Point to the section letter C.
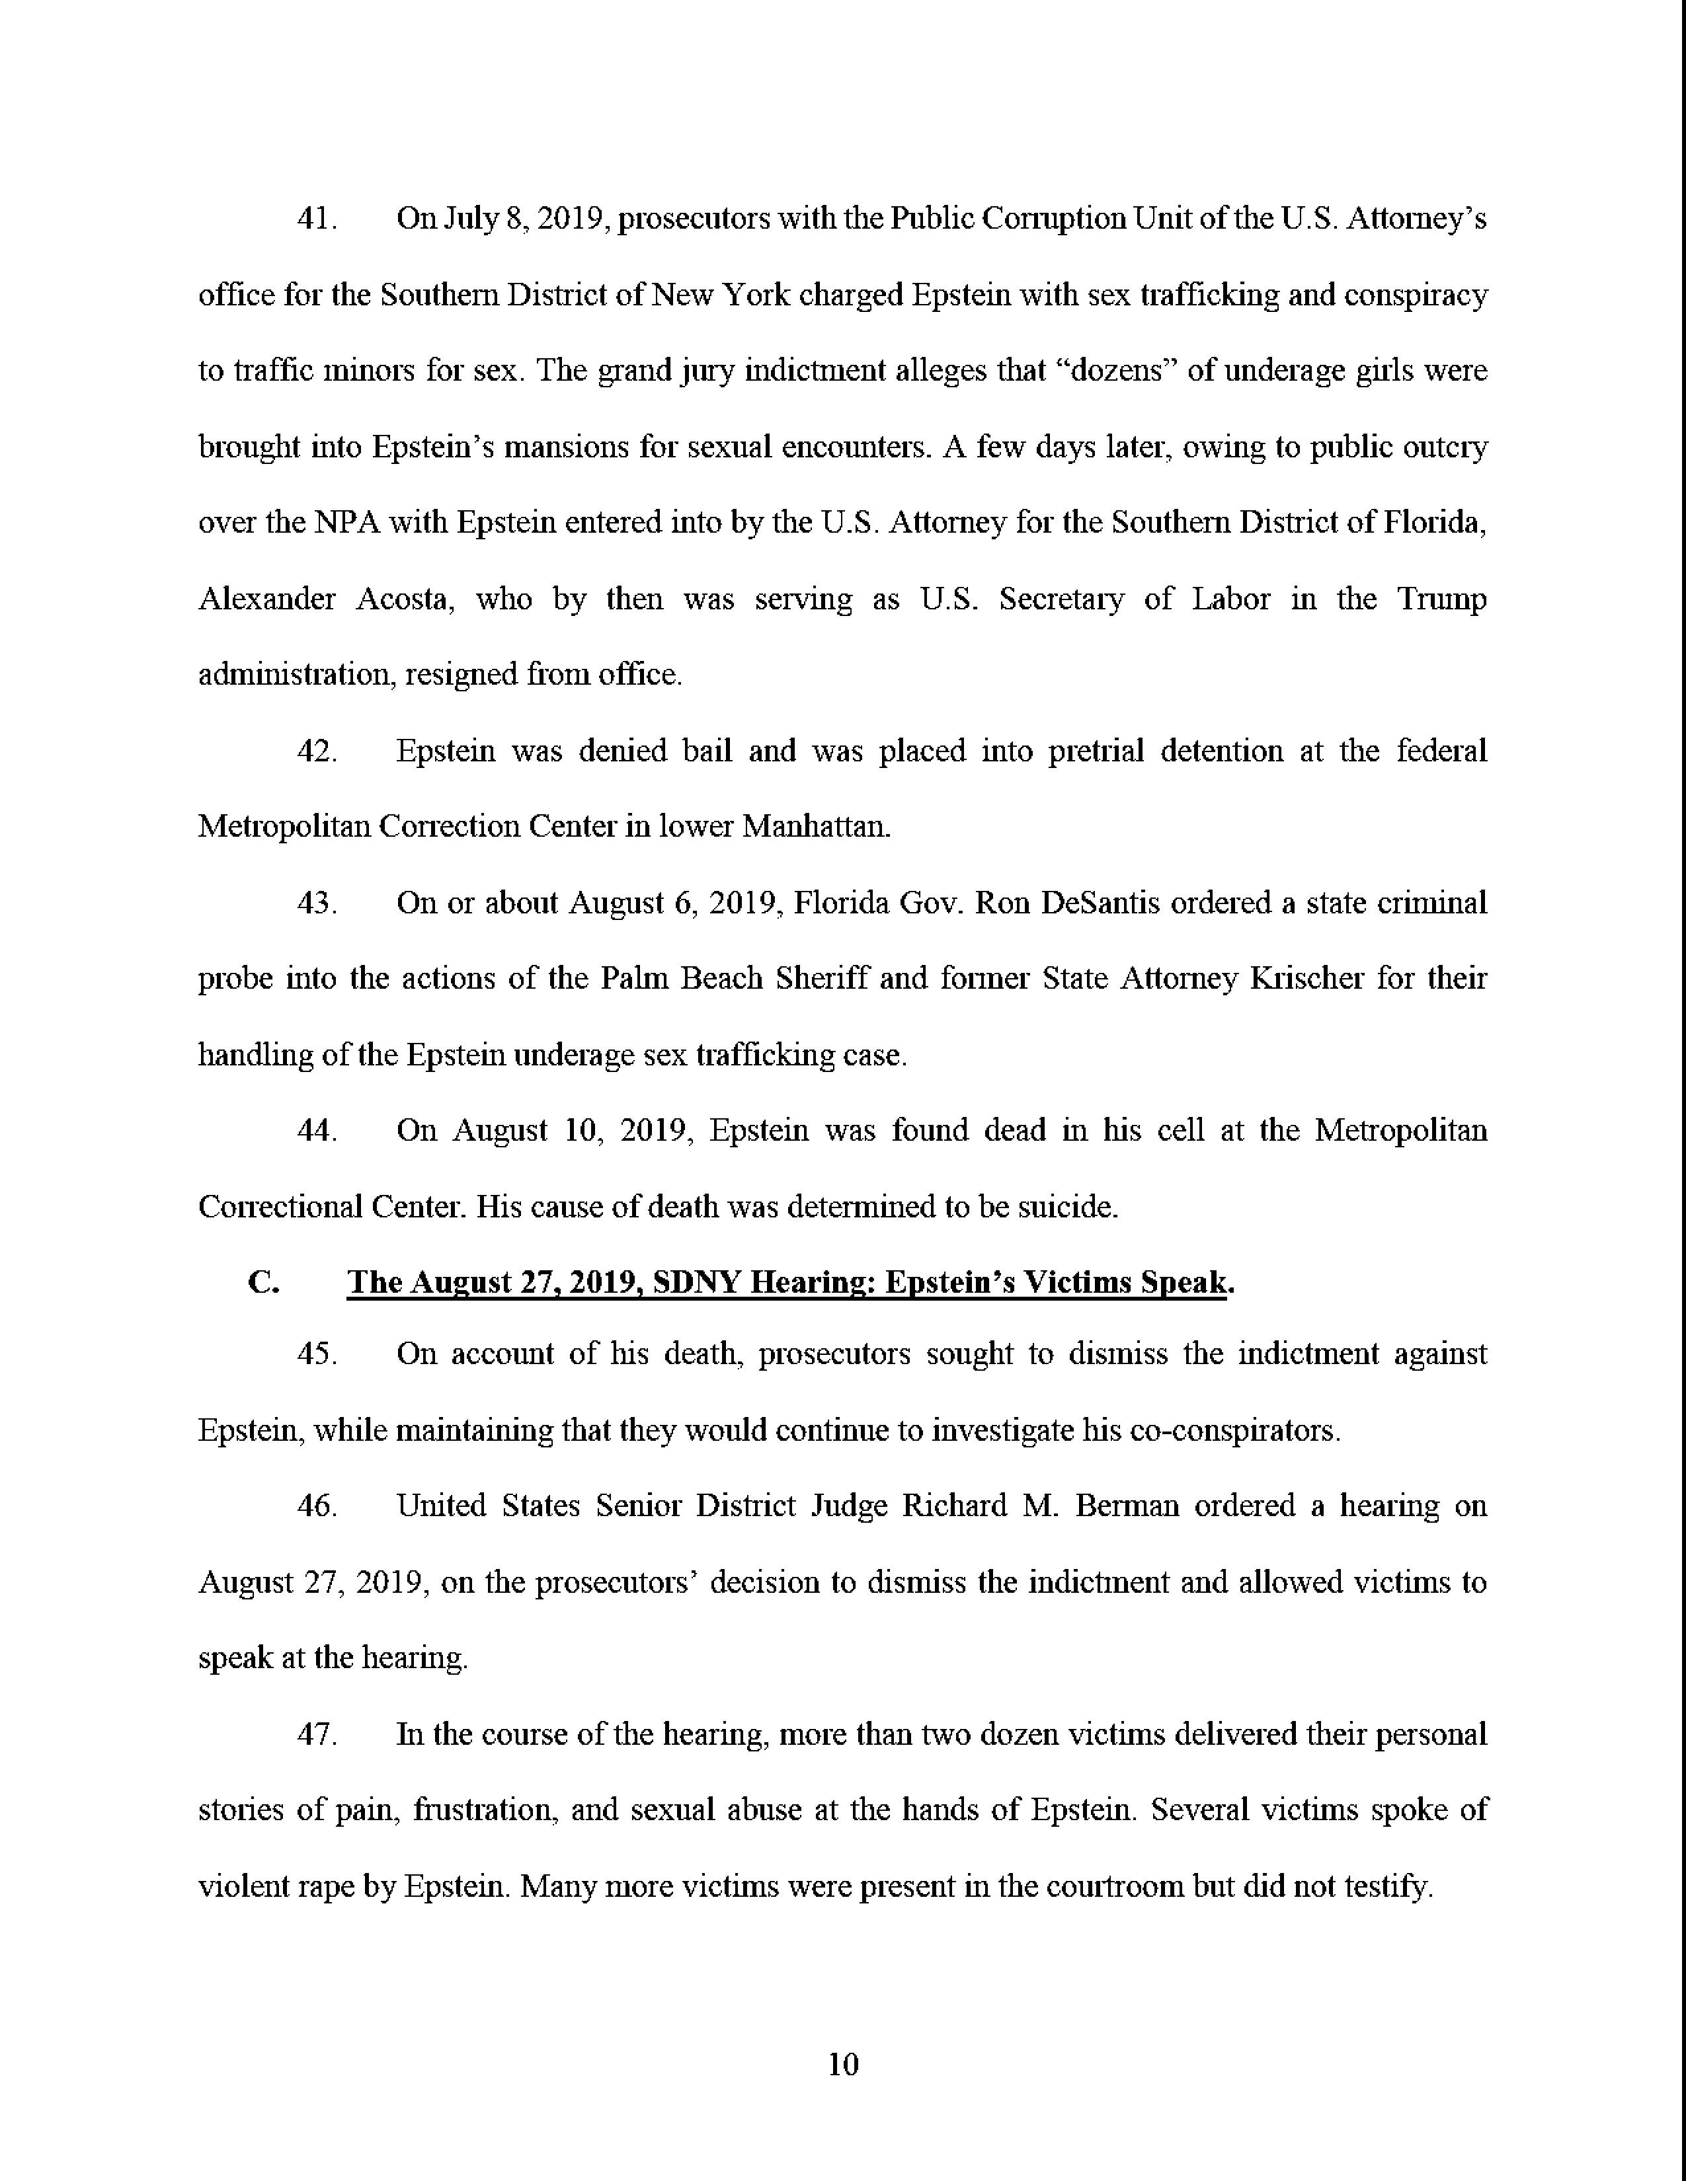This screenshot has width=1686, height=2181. tap(262, 1282)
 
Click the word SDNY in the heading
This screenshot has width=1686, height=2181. tap(695, 1282)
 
